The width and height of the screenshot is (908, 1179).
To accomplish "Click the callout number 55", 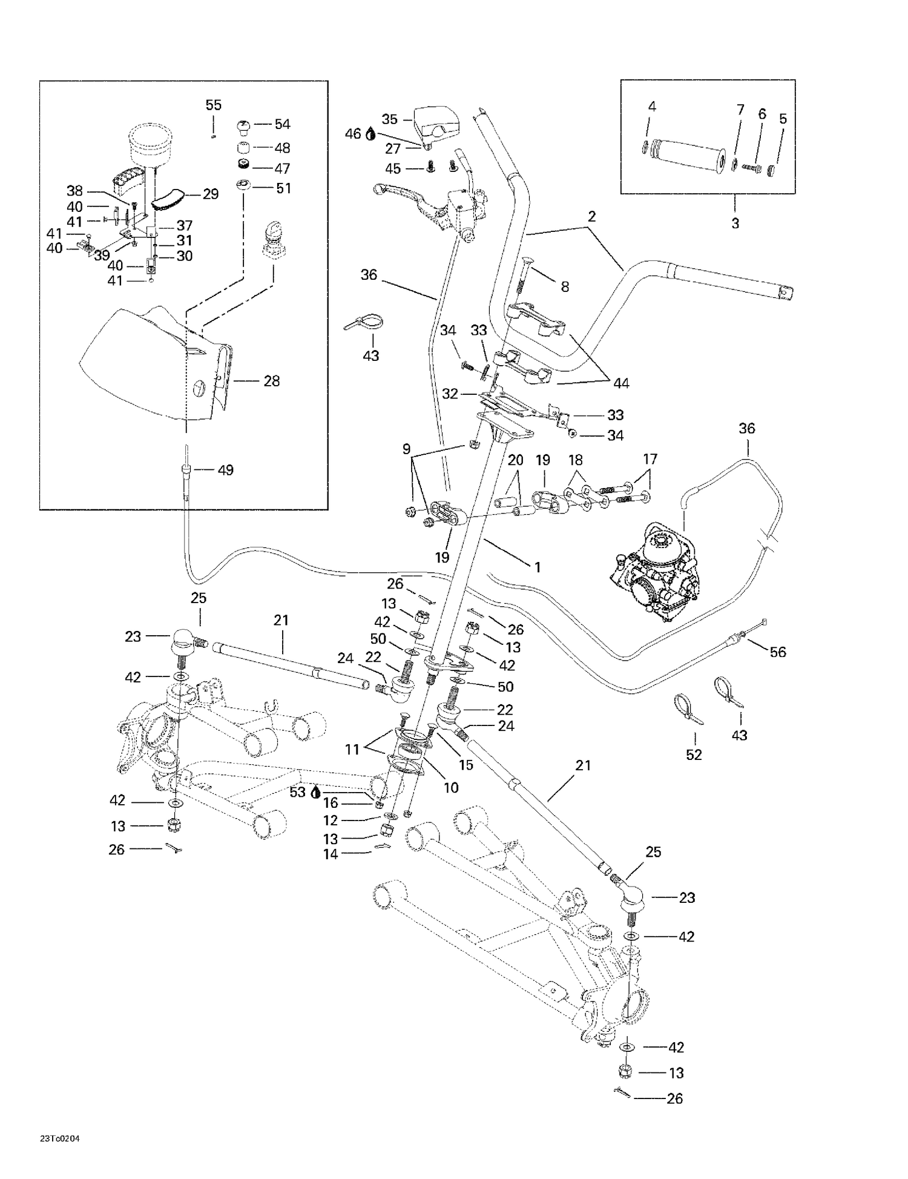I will click(x=213, y=105).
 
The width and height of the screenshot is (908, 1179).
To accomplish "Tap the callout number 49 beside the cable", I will click(x=225, y=470).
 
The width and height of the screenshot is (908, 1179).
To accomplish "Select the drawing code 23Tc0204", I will click(x=60, y=1138).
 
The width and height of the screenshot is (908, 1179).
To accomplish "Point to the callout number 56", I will click(x=777, y=652).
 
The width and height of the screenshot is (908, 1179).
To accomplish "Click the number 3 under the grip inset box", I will click(x=735, y=223).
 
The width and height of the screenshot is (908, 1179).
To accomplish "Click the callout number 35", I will click(x=390, y=118).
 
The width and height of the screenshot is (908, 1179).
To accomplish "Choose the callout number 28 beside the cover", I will click(x=271, y=381).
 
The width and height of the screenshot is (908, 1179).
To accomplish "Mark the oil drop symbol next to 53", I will click(x=315, y=793).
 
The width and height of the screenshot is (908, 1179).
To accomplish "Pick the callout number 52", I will click(x=694, y=755).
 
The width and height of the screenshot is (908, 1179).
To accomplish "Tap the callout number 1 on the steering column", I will click(x=536, y=567).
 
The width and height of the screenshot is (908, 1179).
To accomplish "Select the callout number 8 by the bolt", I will click(x=564, y=286).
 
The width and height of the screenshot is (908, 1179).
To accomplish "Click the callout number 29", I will click(x=210, y=194).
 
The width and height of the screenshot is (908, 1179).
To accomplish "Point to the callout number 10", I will click(x=451, y=787).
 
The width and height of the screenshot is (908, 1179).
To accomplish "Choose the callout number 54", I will click(x=282, y=124).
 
